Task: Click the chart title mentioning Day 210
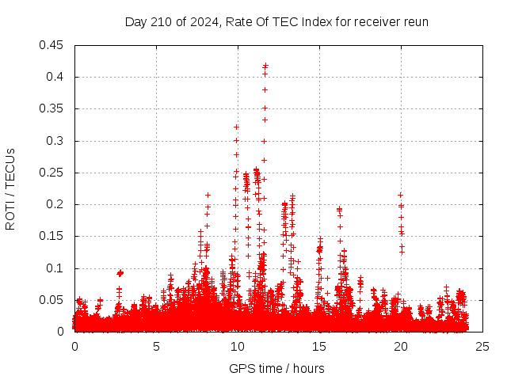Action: point(276,21)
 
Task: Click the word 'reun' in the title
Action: point(416,21)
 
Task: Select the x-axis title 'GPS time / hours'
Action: point(276,368)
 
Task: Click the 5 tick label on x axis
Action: point(156,346)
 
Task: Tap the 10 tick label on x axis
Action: point(238,346)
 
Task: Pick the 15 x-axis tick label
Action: point(319,346)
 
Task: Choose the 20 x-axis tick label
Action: point(401,346)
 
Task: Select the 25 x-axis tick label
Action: point(482,346)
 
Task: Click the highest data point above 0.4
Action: point(265,66)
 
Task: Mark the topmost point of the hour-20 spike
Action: point(400,195)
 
